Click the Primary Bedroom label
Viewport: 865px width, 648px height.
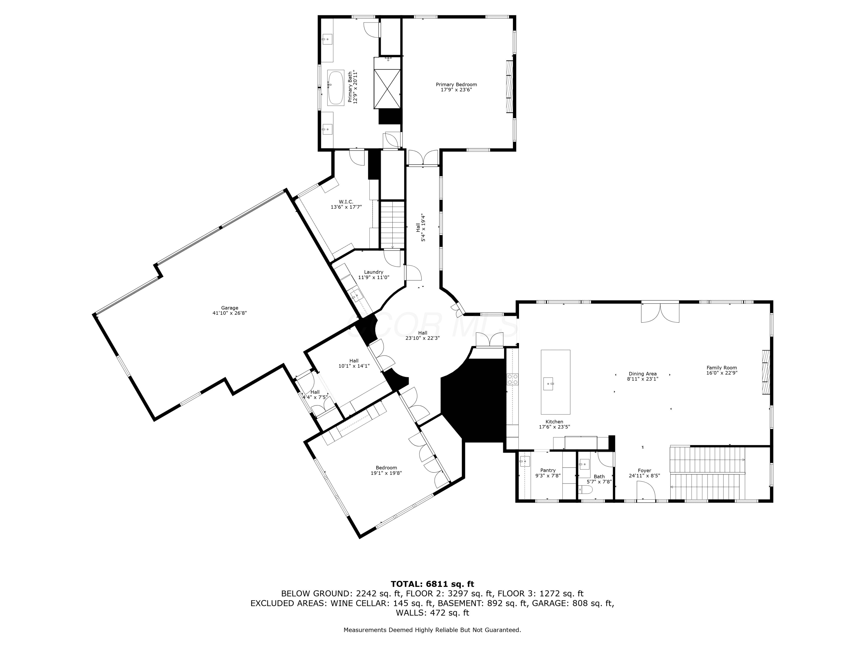click(x=456, y=84)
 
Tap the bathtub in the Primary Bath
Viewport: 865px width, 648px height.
click(x=336, y=88)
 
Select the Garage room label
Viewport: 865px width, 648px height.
click(x=230, y=308)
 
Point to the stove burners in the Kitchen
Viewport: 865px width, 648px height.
click(x=513, y=379)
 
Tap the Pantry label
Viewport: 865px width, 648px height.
click(x=548, y=470)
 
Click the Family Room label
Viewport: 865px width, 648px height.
click(x=721, y=367)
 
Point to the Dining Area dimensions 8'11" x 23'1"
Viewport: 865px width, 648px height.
click(x=642, y=379)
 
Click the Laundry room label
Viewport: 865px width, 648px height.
click(x=373, y=272)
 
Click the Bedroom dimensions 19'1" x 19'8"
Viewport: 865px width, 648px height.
click(x=386, y=473)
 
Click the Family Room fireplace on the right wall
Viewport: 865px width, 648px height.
click(x=766, y=372)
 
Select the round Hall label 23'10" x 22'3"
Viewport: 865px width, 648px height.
click(x=422, y=336)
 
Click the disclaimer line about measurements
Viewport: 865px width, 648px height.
click(x=432, y=630)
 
